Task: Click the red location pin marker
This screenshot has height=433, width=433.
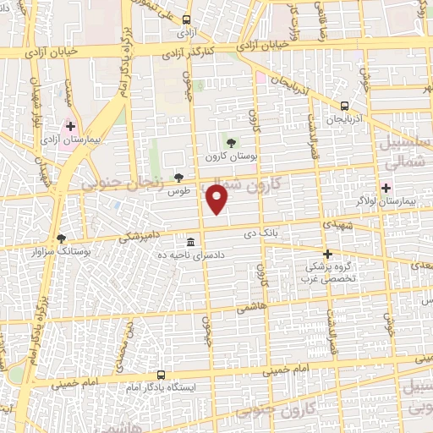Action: click(x=218, y=199)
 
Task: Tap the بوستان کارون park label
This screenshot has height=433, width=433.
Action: click(x=230, y=157)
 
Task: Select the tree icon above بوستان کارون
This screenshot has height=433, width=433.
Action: click(x=231, y=141)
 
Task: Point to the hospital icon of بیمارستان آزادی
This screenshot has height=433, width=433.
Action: click(x=70, y=126)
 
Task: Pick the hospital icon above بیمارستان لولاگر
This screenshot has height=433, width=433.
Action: click(x=387, y=187)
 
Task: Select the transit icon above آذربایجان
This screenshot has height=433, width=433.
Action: click(x=344, y=106)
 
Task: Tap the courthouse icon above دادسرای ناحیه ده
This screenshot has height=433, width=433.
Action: click(x=192, y=239)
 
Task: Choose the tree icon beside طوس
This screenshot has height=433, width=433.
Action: click(x=178, y=177)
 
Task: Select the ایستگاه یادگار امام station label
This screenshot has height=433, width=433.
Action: click(x=160, y=387)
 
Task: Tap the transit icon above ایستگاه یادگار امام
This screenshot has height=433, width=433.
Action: click(x=161, y=373)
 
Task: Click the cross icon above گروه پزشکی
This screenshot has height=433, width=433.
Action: click(x=327, y=253)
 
